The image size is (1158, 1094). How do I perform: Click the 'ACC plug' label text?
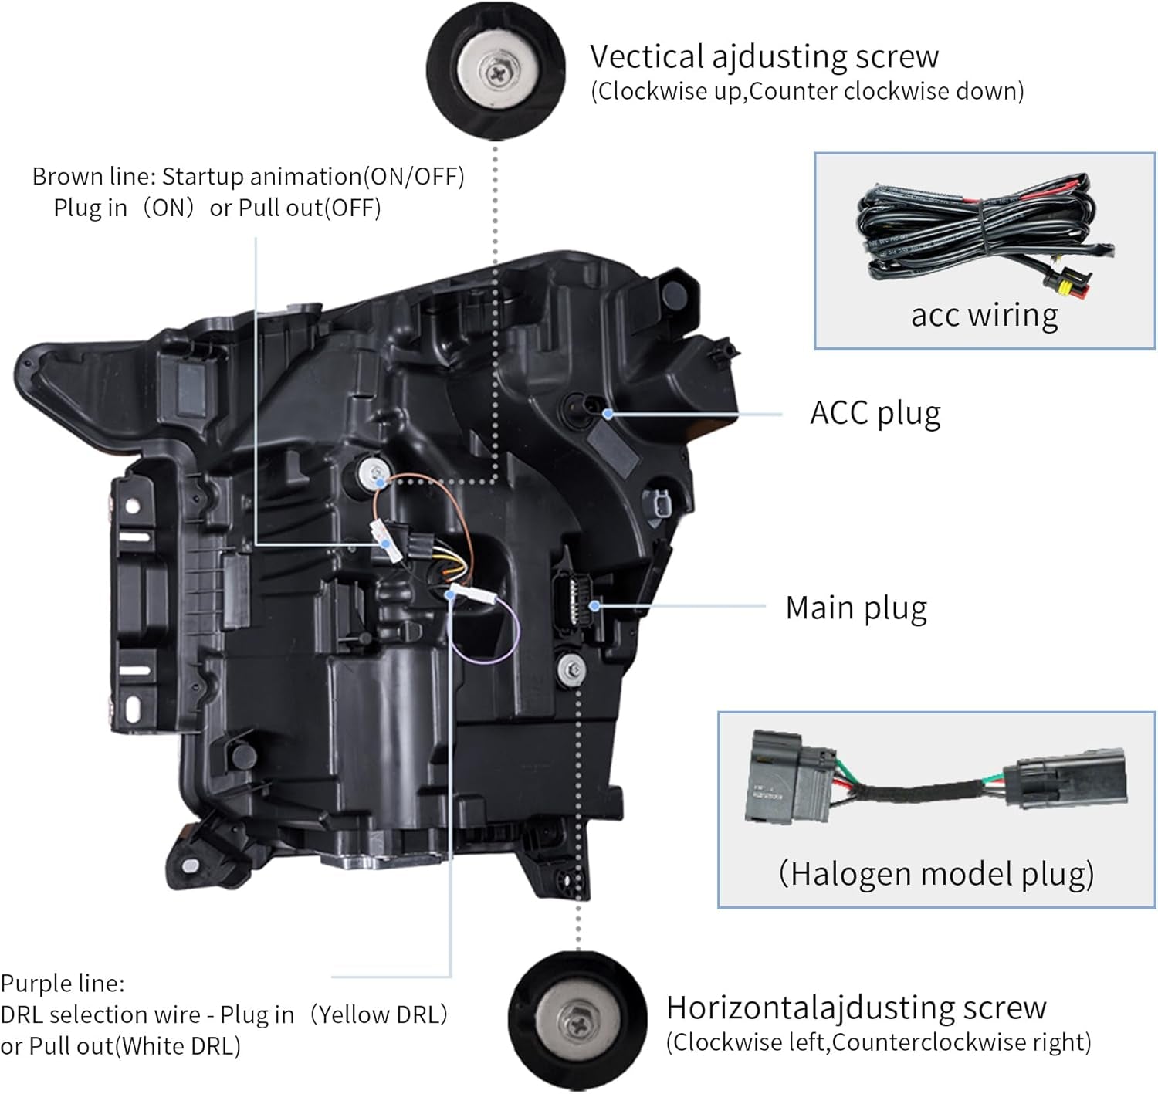(x=875, y=414)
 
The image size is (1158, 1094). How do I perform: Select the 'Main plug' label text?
(x=856, y=608)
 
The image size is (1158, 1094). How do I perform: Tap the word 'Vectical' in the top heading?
(x=647, y=56)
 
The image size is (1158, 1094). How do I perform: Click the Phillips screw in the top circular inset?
(x=498, y=73)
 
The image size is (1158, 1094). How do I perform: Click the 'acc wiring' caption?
(x=984, y=316)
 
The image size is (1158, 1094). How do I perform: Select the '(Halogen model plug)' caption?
(x=936, y=874)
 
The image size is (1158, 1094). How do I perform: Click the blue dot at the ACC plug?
(x=608, y=414)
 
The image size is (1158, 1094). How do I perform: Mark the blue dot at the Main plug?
(x=594, y=606)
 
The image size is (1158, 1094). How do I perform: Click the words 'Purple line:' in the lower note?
(x=63, y=983)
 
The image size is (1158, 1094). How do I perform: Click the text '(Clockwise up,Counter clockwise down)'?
(x=808, y=92)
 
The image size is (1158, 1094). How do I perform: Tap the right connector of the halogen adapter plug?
(x=1067, y=778)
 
